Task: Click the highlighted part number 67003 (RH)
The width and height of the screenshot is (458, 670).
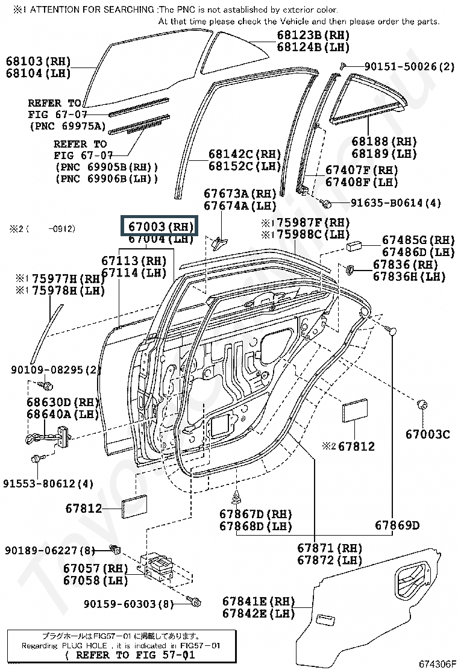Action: pyautogui.click(x=160, y=227)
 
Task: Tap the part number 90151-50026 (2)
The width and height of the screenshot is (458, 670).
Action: pyautogui.click(x=409, y=66)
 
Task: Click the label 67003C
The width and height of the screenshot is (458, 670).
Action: pyautogui.click(x=427, y=433)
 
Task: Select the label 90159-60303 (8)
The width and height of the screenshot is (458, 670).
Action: pyautogui.click(x=128, y=603)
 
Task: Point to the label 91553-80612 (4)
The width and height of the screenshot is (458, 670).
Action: pyautogui.click(x=48, y=483)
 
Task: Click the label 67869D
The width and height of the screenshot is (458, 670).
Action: pyautogui.click(x=397, y=525)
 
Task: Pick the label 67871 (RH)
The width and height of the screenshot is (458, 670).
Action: pyautogui.click(x=330, y=548)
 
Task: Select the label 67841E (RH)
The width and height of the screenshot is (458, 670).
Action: pyautogui.click(x=258, y=601)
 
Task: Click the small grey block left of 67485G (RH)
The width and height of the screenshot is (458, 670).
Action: pyautogui.click(x=354, y=245)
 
